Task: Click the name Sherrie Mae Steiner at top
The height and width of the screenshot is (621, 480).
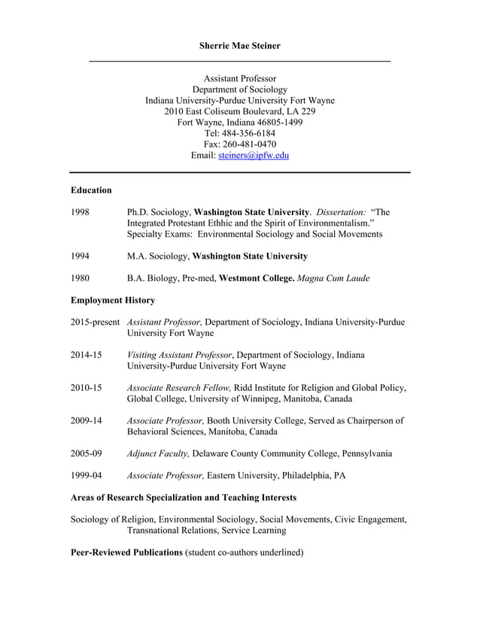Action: [x=239, y=46]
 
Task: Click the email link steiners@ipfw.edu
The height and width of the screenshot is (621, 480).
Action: [x=253, y=156]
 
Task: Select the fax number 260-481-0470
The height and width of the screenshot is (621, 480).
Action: [x=251, y=144]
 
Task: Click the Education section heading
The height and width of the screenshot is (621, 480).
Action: [x=91, y=190]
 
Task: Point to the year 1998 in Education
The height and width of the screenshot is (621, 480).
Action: [x=81, y=213]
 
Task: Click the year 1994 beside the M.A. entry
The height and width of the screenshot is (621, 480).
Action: [x=81, y=256]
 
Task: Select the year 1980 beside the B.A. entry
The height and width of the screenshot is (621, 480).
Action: [x=81, y=278]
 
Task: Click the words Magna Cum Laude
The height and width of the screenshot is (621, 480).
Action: [x=333, y=278]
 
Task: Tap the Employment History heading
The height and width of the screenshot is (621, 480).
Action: [x=113, y=301]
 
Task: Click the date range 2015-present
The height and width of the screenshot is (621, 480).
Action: [x=95, y=322]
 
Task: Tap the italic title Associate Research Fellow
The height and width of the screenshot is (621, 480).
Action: [x=179, y=388]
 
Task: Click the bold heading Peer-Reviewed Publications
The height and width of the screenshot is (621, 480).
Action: [x=126, y=553]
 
